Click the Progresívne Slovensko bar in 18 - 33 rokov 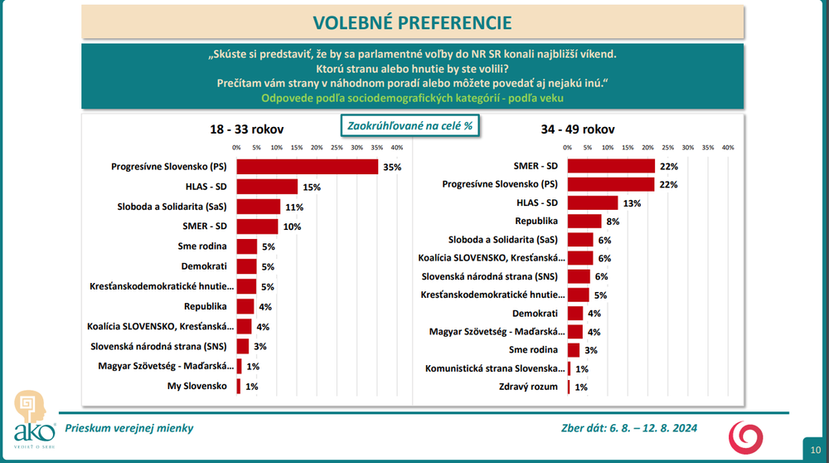tap(308, 167)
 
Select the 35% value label tap(392, 167)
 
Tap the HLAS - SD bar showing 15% tap(267, 187)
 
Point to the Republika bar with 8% tap(585, 222)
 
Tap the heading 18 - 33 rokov tap(246, 129)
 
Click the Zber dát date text tap(628, 428)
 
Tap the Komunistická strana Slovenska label tap(494, 368)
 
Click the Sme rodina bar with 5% tap(247, 246)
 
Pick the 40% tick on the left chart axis tap(396, 148)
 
